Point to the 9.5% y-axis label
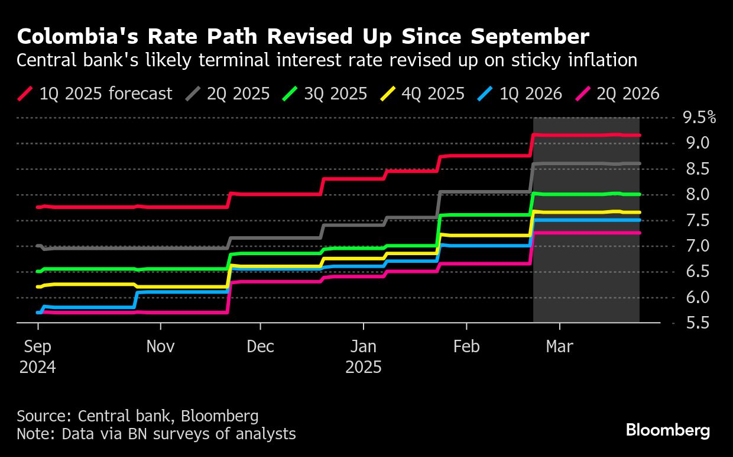point(699,117)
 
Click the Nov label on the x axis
point(160,346)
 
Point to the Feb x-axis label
point(467,346)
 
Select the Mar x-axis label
point(559,346)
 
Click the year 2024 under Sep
point(38,367)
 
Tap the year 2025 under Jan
point(364,367)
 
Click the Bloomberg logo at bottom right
point(668,430)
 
